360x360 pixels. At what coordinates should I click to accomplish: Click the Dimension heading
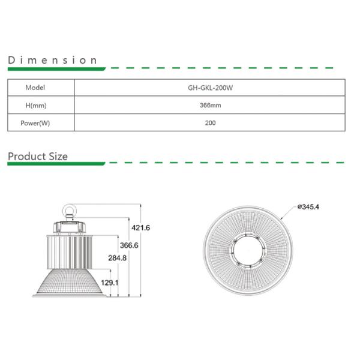[52, 60]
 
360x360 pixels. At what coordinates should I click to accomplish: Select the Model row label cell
[35, 87]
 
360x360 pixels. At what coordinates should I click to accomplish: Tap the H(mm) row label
[35, 105]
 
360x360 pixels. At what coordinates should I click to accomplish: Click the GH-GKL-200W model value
[210, 87]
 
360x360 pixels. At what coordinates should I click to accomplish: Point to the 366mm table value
[210, 105]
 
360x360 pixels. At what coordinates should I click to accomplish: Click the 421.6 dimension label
[140, 228]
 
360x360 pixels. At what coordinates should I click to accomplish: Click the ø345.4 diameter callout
[308, 207]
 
